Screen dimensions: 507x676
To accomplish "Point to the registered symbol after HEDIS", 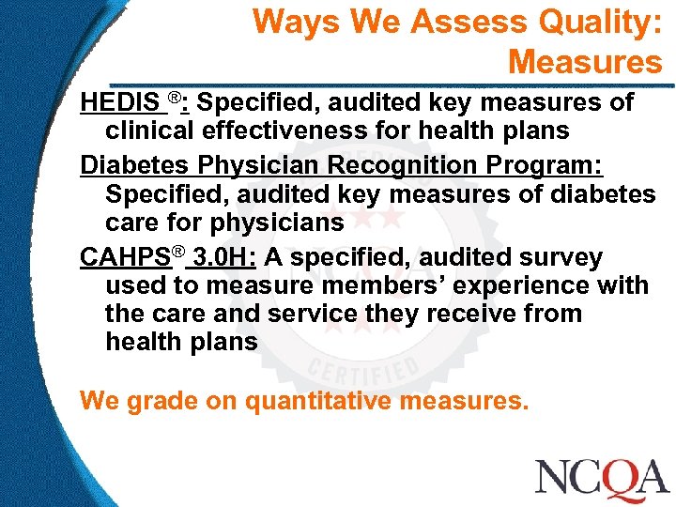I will [x=175, y=98].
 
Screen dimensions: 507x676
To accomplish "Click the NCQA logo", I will [x=601, y=477].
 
